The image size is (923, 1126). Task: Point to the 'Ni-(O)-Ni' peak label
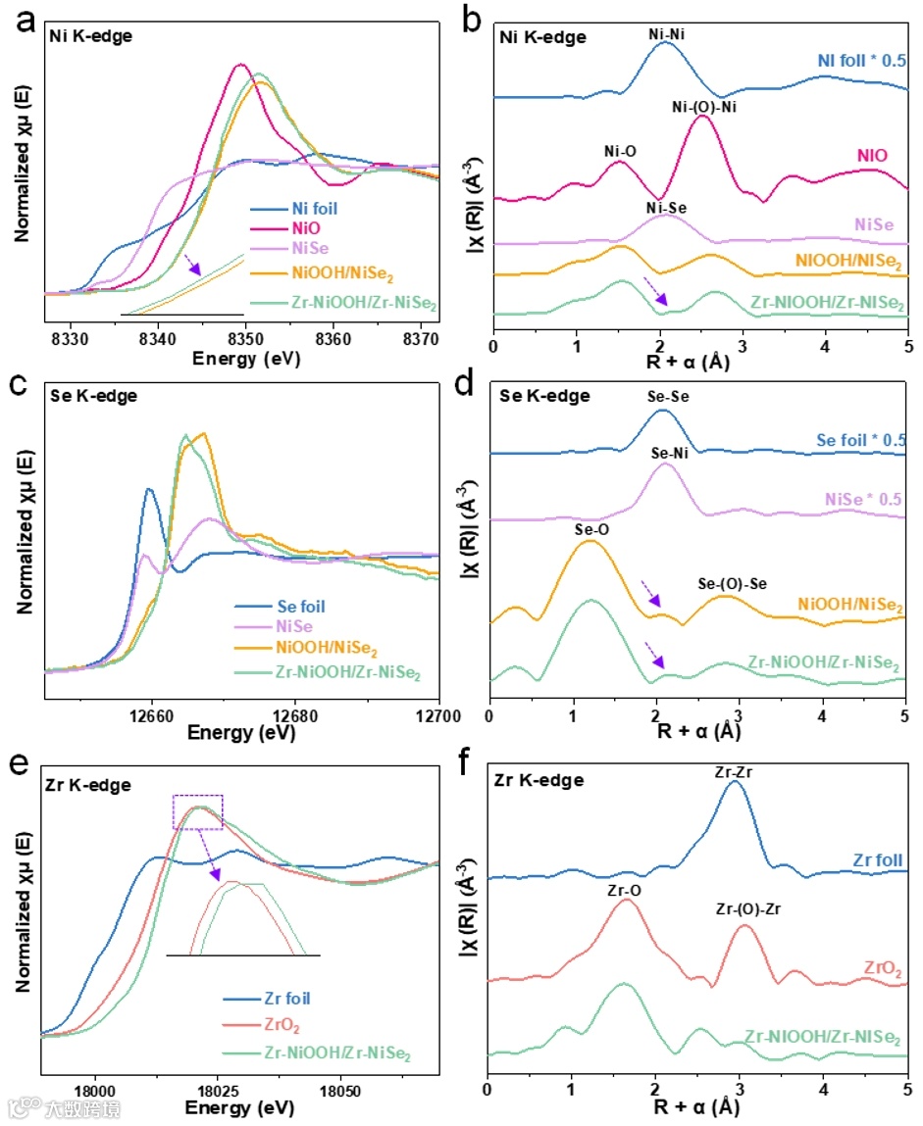(x=703, y=106)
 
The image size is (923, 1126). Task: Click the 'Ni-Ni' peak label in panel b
(x=667, y=32)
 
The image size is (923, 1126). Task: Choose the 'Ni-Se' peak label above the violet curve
(x=668, y=208)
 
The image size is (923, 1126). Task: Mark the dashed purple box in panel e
(x=198, y=810)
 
